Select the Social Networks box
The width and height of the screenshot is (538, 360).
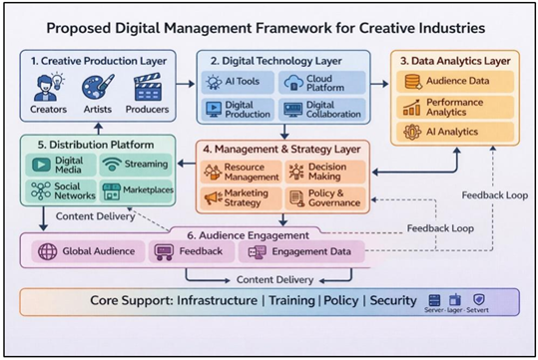pyautogui.click(x=61, y=189)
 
